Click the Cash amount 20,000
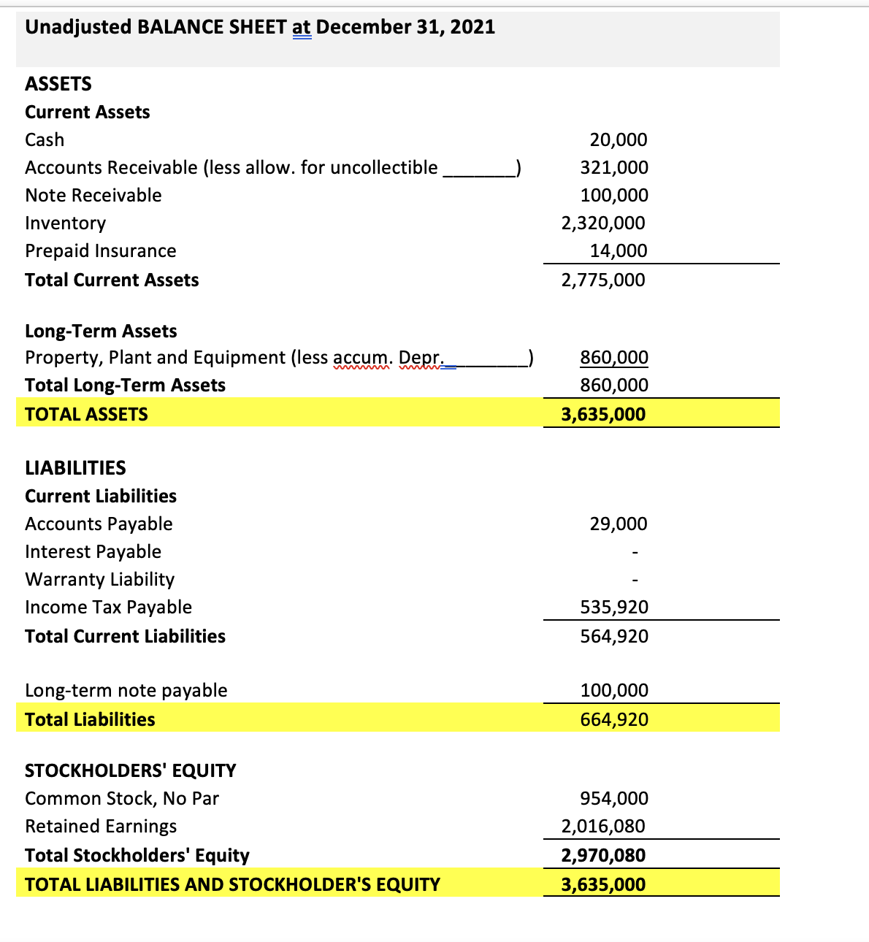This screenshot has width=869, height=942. (x=618, y=139)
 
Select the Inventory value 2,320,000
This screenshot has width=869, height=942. (x=603, y=223)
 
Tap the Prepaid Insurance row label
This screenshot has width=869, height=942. (x=101, y=251)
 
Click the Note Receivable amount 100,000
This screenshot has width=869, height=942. (x=614, y=195)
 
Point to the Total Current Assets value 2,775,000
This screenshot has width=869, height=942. (x=603, y=280)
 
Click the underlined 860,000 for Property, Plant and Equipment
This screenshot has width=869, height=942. (x=614, y=357)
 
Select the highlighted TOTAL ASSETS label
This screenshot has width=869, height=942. (x=86, y=414)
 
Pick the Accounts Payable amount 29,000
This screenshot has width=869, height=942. (x=618, y=524)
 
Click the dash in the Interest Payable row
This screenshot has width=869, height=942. (x=635, y=552)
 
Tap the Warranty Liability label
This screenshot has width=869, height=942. (x=100, y=580)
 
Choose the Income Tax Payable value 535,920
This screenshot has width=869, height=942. (x=614, y=607)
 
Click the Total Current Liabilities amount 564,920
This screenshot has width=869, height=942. (x=614, y=636)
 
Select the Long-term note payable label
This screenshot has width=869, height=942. (x=126, y=690)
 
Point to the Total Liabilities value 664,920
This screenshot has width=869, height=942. (x=614, y=719)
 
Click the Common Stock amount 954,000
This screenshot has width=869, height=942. (x=614, y=798)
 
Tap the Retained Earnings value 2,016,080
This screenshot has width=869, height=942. (x=603, y=826)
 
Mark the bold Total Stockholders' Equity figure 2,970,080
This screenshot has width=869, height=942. (x=603, y=855)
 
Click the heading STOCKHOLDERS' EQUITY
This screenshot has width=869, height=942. (x=131, y=770)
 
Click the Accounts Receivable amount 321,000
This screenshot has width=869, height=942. (x=614, y=167)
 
